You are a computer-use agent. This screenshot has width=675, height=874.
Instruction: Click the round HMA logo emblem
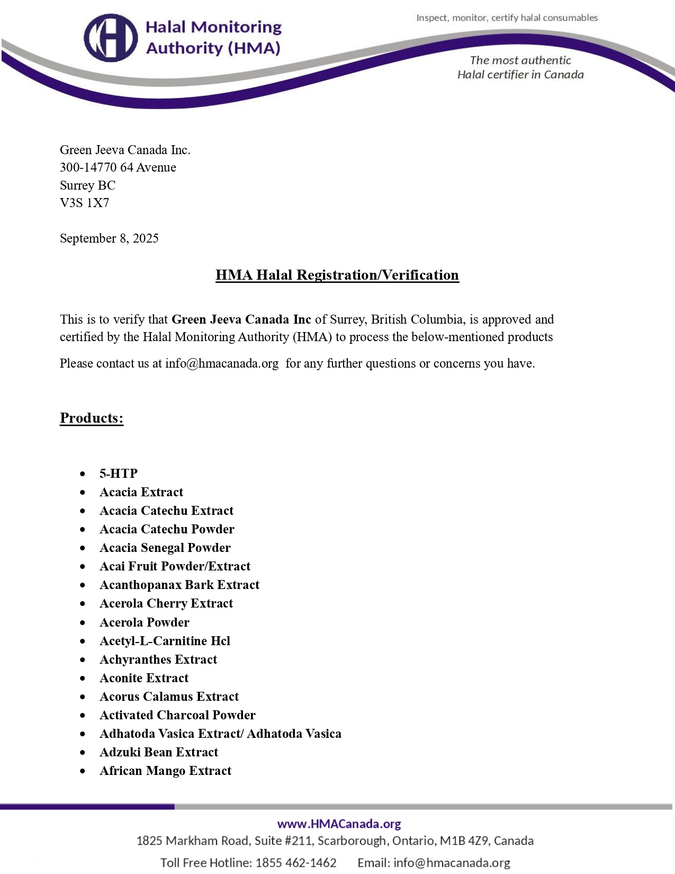click(111, 38)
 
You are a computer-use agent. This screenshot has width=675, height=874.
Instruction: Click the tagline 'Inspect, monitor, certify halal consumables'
click(507, 18)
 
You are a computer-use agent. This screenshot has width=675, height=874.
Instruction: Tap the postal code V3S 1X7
click(84, 203)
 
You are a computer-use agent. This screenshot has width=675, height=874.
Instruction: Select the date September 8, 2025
click(109, 238)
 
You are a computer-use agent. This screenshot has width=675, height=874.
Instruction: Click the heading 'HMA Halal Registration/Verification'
click(337, 275)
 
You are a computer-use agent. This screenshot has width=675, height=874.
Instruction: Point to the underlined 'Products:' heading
click(92, 418)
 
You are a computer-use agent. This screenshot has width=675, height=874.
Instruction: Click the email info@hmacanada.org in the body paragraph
click(222, 363)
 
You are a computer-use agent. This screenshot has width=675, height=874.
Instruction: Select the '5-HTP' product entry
click(119, 474)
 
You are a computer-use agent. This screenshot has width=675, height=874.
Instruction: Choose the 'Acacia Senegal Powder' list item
click(165, 548)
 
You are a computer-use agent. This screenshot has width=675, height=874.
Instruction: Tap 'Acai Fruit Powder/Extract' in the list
click(175, 566)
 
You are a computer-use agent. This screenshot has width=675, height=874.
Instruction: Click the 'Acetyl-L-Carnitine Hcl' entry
click(165, 641)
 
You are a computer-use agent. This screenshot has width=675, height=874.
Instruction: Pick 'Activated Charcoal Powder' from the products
click(177, 715)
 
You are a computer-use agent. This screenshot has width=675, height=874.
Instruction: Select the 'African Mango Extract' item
click(165, 771)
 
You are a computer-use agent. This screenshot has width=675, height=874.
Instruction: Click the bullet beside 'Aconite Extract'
click(83, 679)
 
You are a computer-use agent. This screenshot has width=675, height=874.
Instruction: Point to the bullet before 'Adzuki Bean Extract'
click(83, 753)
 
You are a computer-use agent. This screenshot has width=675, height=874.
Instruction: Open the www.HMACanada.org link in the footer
click(339, 824)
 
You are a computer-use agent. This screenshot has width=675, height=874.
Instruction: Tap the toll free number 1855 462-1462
click(296, 863)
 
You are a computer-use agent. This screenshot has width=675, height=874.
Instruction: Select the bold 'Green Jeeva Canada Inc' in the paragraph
click(241, 319)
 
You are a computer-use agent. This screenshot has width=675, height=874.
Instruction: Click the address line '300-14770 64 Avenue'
click(118, 167)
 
